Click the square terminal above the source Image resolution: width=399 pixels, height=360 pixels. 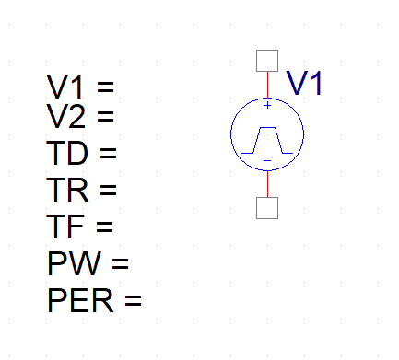(267, 61)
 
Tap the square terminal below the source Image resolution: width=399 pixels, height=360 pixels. (267, 208)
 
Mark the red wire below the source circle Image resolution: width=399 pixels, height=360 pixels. (267, 183)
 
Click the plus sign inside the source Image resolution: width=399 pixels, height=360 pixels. (267, 106)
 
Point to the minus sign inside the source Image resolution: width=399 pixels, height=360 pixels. (267, 161)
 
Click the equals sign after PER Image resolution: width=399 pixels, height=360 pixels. (133, 300)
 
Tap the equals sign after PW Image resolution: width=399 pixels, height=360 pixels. (120, 263)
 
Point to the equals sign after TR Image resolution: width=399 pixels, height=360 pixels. (110, 190)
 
